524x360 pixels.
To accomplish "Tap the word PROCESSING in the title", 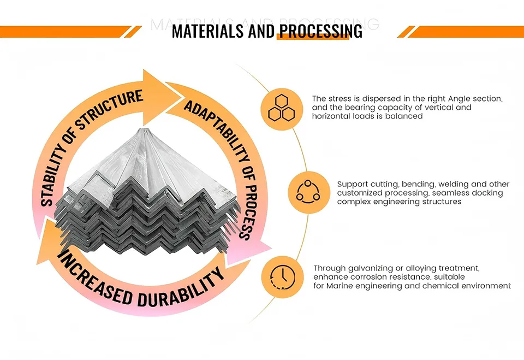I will click(x=320, y=31).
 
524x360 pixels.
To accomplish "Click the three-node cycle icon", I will click(x=307, y=192).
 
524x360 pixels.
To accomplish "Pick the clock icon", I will click(x=282, y=276).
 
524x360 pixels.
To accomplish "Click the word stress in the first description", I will click(x=337, y=99).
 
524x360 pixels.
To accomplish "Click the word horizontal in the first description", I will click(x=332, y=116).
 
